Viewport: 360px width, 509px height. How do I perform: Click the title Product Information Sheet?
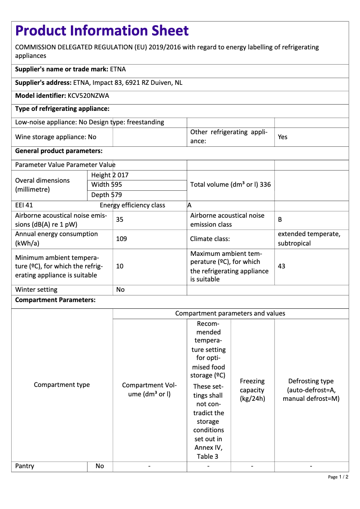coord(102,31)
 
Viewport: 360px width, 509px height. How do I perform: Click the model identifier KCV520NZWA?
coord(88,96)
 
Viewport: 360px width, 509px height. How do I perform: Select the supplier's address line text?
coord(99,83)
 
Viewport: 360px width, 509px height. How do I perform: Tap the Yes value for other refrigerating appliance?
coord(282,137)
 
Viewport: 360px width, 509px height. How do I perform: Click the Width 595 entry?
coord(106,184)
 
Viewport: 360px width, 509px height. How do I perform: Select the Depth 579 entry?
coord(106,195)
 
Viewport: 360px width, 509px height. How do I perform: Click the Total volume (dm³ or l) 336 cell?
coord(230,184)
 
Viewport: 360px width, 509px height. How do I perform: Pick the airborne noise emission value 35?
coord(120,220)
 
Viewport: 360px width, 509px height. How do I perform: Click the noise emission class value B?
coord(280,220)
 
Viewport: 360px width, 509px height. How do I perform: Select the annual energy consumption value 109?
coord(121,239)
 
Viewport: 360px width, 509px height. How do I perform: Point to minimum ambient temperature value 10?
coord(120,266)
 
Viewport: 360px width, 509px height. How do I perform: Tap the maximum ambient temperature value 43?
coord(281,266)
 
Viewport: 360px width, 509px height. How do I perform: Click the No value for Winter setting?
coord(120,290)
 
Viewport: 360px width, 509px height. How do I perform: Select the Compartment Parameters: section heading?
coord(55,300)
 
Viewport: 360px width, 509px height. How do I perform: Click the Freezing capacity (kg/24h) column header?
coord(252,390)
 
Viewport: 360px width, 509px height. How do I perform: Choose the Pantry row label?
coord(25,466)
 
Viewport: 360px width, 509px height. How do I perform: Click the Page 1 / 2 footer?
coord(338,477)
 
